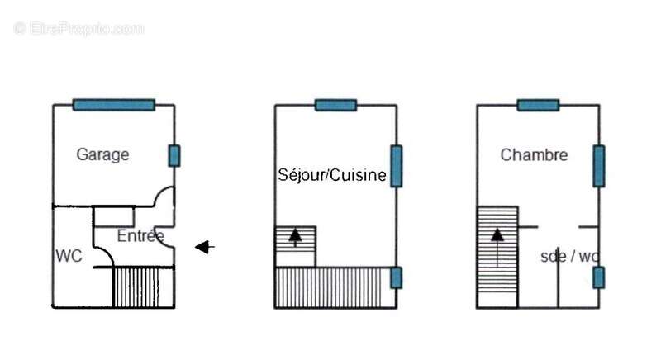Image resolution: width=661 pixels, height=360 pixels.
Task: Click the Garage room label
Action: coord(102,154)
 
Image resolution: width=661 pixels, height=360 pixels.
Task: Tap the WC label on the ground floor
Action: coord(69,256)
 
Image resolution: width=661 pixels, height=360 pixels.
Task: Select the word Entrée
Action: coord(140,235)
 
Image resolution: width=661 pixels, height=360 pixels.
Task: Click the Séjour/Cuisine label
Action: coord(332,175)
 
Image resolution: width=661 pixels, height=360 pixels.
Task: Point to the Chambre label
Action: coord(534,155)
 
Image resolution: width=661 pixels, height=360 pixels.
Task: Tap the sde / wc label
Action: coord(569,256)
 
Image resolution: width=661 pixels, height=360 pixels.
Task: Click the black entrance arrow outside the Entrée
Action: coord(205,247)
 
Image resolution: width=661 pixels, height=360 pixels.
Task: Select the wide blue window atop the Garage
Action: coord(114,105)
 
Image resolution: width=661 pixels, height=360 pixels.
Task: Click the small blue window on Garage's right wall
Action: coord(174,156)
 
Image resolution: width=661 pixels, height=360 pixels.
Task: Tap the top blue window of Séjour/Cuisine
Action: coord(336,105)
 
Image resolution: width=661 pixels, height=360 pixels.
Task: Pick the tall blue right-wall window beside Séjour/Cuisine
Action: coord(397,166)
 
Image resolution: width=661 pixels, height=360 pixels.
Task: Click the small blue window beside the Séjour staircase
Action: coord(397,277)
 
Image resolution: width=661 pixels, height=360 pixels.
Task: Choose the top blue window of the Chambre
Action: coord(539,105)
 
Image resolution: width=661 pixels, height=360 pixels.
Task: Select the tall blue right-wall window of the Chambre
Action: coord(598,166)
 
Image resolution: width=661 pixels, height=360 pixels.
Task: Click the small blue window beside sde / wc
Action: coord(598,277)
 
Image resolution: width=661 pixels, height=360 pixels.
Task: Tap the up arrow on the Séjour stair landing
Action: coord(295,237)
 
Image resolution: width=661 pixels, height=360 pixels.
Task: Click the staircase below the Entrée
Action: coord(143,287)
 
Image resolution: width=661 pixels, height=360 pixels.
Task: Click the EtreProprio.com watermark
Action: coord(78,29)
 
